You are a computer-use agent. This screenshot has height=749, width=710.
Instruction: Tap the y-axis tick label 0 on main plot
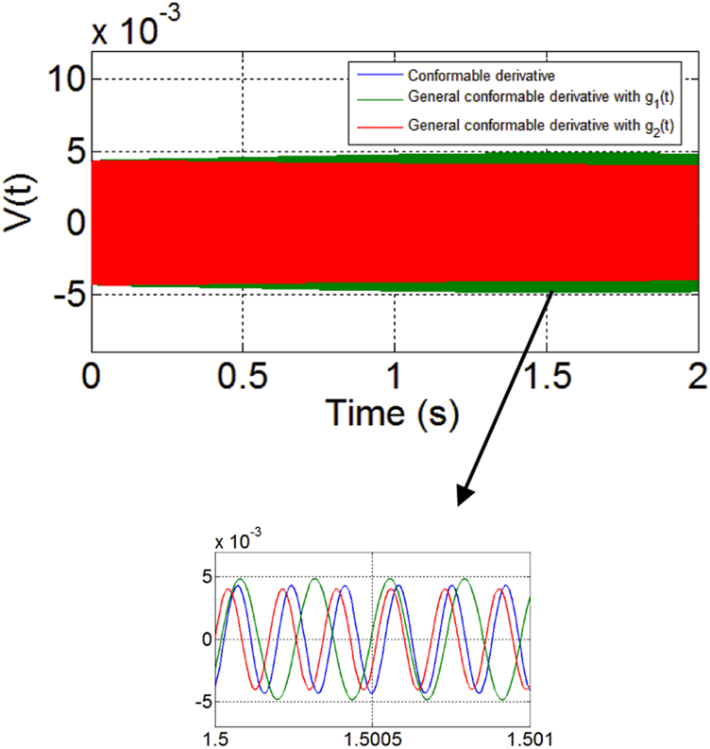coord(68,223)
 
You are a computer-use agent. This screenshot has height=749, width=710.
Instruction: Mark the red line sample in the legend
coord(376,124)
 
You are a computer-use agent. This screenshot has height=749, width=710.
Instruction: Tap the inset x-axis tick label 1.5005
coord(374,732)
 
